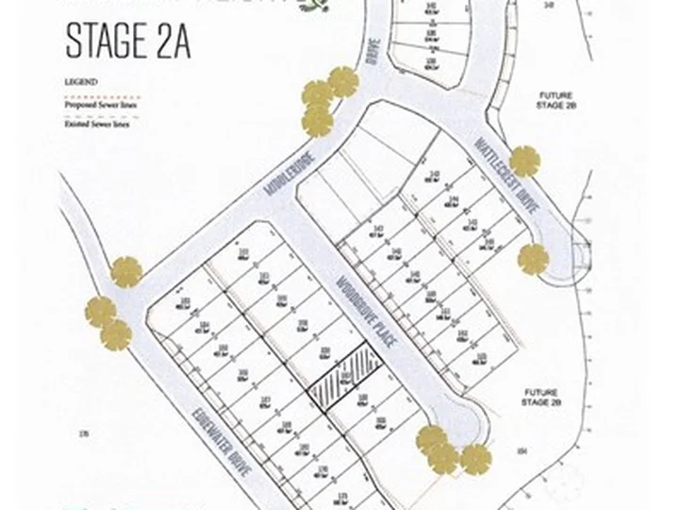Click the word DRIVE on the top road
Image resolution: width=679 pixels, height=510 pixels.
[371, 66]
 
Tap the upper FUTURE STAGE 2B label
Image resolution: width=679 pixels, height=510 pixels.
[555, 101]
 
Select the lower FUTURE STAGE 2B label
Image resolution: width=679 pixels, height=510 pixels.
[539, 398]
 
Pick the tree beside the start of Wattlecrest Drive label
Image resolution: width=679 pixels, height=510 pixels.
[524, 160]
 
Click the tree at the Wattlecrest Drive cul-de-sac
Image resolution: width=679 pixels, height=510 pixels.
[533, 258]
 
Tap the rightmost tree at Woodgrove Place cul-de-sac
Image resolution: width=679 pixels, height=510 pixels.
[476, 459]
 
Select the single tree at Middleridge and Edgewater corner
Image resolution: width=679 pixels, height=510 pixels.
[126, 273]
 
